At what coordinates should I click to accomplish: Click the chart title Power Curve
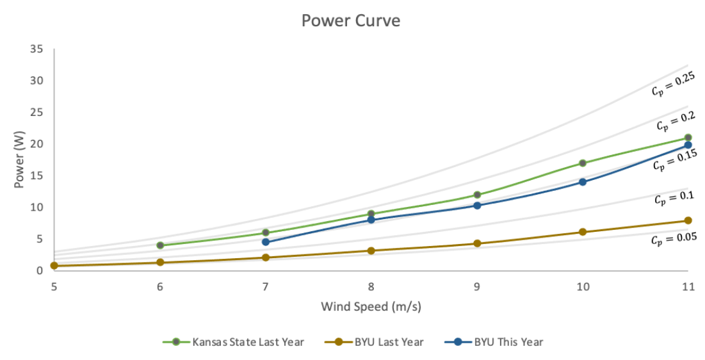click(351, 21)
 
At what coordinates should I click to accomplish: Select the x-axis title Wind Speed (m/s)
click(371, 307)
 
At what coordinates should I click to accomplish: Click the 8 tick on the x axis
click(371, 288)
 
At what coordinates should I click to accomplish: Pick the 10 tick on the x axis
click(581, 288)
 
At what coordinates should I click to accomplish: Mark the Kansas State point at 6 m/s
click(160, 245)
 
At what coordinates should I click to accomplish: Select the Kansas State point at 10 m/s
click(582, 163)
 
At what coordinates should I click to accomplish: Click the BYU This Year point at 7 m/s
click(266, 242)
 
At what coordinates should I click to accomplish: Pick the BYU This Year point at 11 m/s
click(688, 145)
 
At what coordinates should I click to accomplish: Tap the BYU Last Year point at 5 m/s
click(54, 265)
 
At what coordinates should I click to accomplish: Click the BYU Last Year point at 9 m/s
click(477, 243)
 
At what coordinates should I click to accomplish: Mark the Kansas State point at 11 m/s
click(688, 138)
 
